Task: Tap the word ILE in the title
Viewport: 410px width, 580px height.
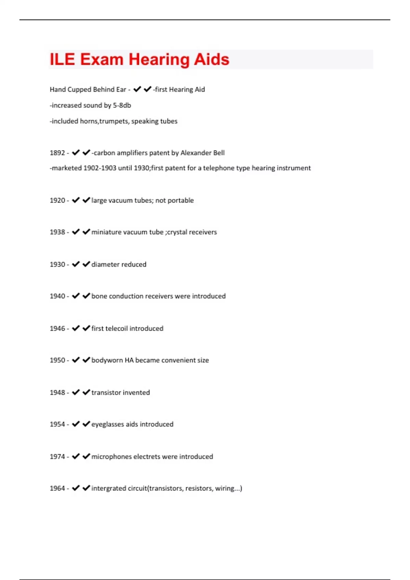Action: tap(62, 60)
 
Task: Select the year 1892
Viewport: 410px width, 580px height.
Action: tap(57, 153)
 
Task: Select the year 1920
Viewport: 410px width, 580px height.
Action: tap(57, 200)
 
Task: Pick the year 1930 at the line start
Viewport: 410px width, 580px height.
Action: tap(57, 264)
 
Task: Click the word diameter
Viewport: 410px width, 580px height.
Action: tap(104, 264)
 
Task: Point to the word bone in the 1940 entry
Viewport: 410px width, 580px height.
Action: tap(99, 296)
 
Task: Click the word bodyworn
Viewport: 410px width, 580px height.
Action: tap(107, 360)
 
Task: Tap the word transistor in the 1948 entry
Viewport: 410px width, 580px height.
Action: tap(106, 393)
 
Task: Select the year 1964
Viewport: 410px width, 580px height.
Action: tap(57, 489)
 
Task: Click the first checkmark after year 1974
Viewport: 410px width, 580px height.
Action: tap(76, 456)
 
